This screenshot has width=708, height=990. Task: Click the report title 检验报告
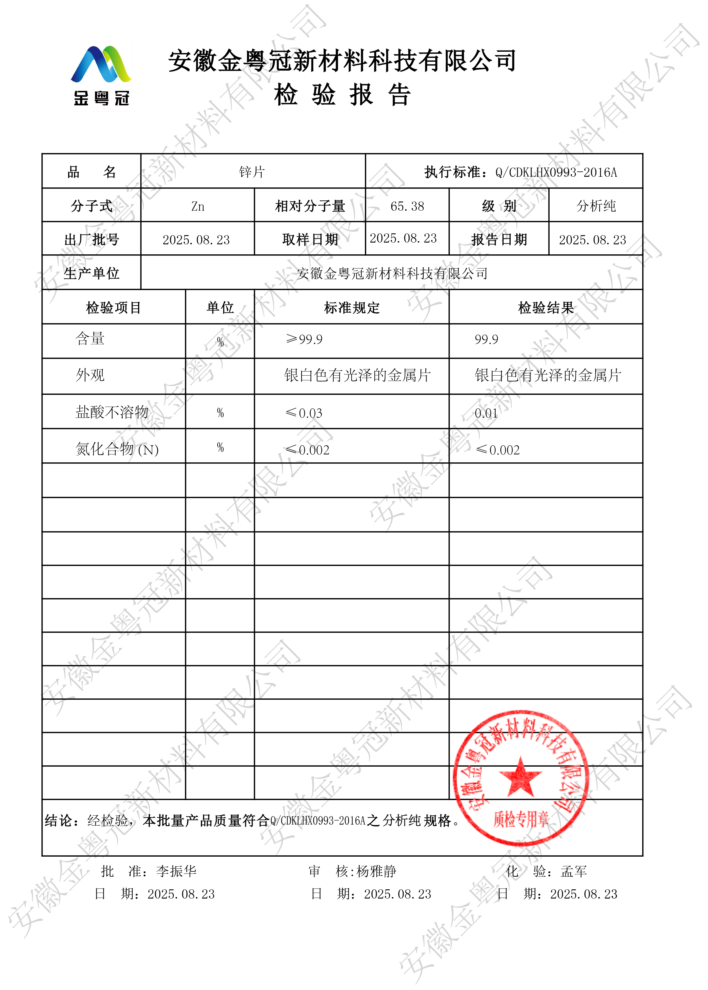pos(342,95)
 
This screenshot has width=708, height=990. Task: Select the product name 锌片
pos(252,172)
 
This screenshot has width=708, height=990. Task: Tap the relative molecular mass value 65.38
pos(407,206)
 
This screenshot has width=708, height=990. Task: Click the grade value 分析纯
pos(596,206)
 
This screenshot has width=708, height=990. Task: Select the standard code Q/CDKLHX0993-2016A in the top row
pos(556,172)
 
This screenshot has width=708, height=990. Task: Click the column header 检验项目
pos(113,308)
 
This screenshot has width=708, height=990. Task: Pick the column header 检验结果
pos(546,308)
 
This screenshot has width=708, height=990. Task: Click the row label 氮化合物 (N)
pos(117,449)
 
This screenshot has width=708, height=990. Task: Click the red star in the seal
pos(520,777)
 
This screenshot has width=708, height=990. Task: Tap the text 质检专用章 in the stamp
pos(521,819)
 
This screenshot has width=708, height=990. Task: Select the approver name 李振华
pos(176,871)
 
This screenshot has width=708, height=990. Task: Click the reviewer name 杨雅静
pos(376,871)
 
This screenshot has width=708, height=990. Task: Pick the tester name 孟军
pos(574,871)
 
